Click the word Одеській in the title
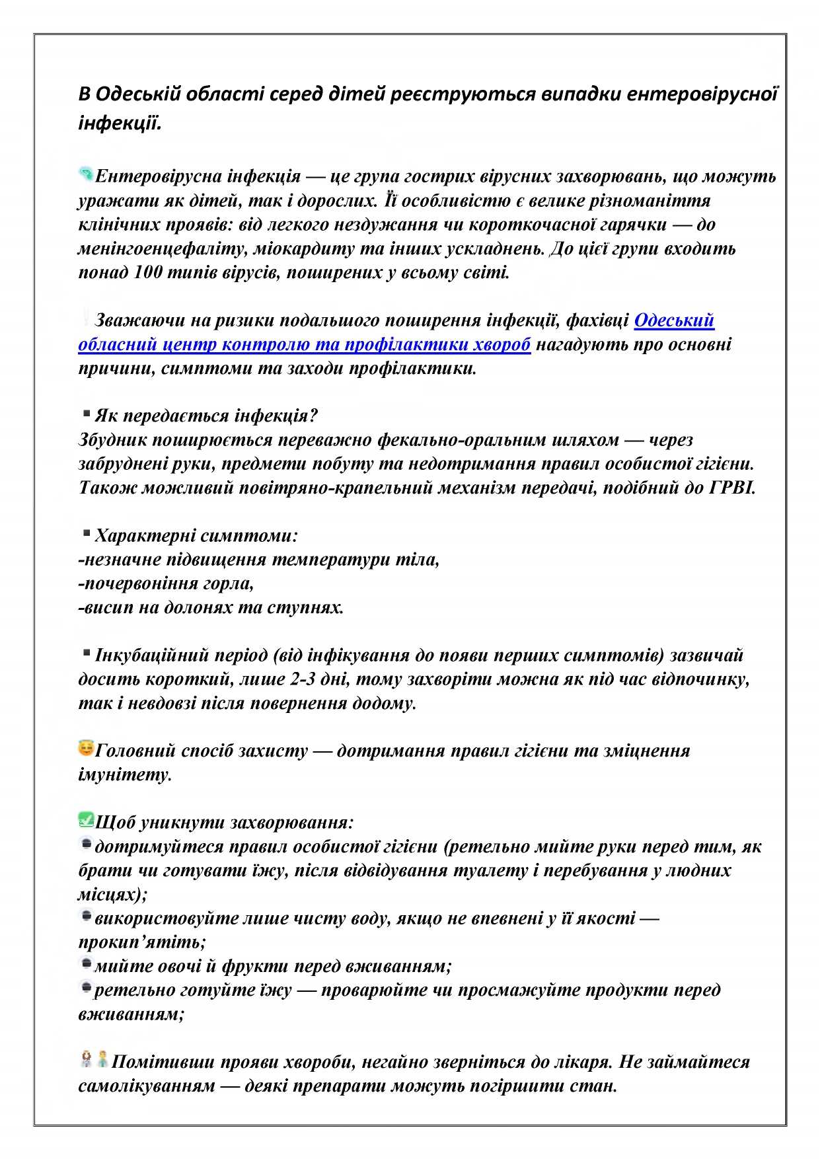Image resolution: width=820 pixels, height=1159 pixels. (x=138, y=94)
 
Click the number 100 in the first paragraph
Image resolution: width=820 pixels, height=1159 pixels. (x=148, y=272)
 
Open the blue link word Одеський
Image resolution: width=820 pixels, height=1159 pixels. (x=674, y=320)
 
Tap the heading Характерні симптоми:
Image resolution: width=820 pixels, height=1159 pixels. (x=196, y=535)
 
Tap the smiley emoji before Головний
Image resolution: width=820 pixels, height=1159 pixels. (x=86, y=749)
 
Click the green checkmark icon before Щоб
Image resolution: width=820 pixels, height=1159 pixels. (x=86, y=820)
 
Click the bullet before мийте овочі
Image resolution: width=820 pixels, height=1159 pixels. (x=86, y=964)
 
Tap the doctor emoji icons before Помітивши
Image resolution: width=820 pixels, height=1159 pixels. (x=94, y=1060)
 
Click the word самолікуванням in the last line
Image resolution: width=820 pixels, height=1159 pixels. (x=147, y=1086)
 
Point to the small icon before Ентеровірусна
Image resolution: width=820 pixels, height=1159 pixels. (x=86, y=174)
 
